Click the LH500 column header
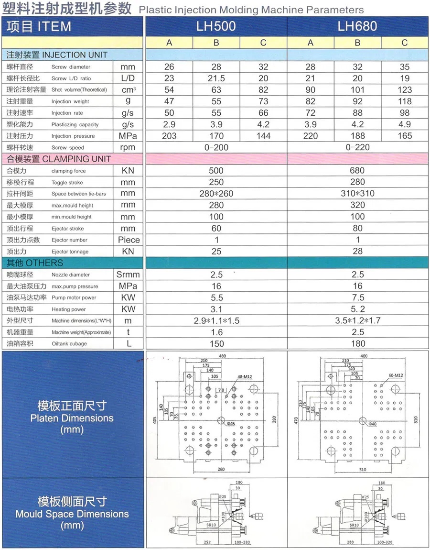(x=216, y=26)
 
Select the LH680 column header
(x=357, y=26)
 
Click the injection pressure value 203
(x=169, y=136)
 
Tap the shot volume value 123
(x=404, y=90)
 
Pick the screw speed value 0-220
(x=357, y=147)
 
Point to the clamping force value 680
(x=357, y=170)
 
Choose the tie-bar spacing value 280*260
(x=216, y=193)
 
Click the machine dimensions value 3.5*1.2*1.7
(x=357, y=320)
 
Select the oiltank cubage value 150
(x=216, y=343)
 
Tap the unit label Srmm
(x=128, y=275)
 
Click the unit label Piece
(x=129, y=240)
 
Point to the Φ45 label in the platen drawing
(x=231, y=424)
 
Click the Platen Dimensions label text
(x=72, y=418)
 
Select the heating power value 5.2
(x=357, y=309)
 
